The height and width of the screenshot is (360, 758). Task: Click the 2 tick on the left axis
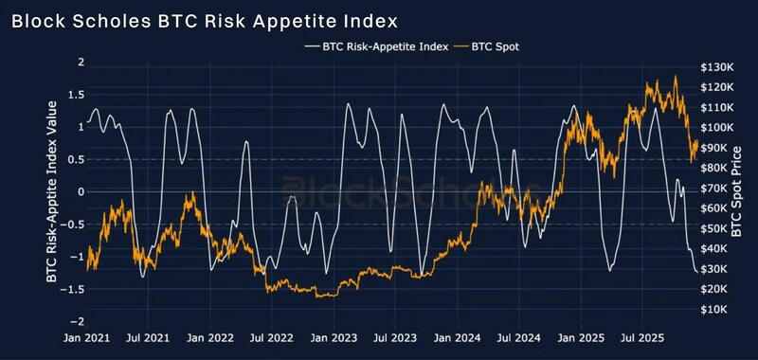pos(81,63)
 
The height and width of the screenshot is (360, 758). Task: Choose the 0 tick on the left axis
pos(81,191)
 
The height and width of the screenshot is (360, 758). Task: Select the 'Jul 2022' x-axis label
pos(272,336)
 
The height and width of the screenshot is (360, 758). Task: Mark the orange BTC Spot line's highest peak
pos(676,77)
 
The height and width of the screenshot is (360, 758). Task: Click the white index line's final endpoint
pos(698,273)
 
